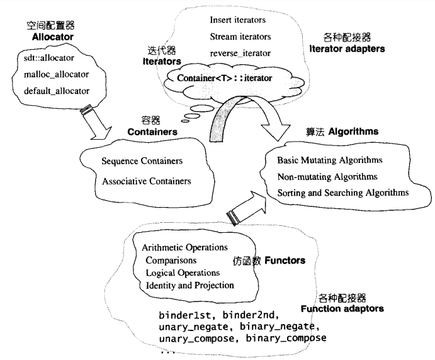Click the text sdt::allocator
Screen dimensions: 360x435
pos(48,58)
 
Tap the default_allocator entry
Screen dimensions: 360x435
pos(56,91)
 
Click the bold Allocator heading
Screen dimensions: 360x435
pos(53,38)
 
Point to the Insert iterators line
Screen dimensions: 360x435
pos(239,21)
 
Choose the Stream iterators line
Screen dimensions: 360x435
pos(240,37)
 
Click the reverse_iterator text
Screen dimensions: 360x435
pos(239,53)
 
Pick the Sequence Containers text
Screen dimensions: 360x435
pos(142,162)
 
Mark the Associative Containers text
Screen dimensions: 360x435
pos(146,181)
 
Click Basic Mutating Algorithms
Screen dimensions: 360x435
pos(329,160)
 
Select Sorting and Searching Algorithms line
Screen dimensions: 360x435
pos(342,192)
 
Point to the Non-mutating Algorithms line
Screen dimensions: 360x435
pos(327,176)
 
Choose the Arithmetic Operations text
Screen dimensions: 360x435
pos(185,247)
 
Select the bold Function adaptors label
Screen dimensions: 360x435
pos(342,309)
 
